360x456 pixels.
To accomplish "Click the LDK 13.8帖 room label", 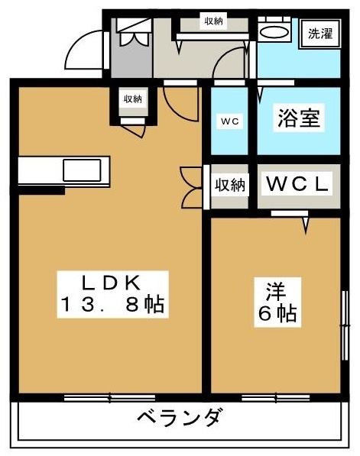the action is tap(112, 294).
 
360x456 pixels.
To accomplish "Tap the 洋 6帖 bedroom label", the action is tap(277, 302).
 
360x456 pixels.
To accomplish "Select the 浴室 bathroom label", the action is tap(299, 118).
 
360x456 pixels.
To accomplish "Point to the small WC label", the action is tap(229, 121).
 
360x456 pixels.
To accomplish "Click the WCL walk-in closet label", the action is tap(297, 184).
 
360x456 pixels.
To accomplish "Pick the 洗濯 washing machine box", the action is tap(320, 34).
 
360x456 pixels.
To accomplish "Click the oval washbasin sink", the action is tap(274, 32).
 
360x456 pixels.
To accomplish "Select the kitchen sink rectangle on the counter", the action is tap(82, 170).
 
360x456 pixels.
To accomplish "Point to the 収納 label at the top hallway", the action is tap(213, 21).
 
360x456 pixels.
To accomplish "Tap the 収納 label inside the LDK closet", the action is tap(133, 99).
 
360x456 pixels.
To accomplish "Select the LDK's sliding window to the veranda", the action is tap(109, 398).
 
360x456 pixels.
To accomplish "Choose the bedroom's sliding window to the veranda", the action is tap(275, 398).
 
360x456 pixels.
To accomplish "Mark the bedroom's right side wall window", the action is tap(345, 325).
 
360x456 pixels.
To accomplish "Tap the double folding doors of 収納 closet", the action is tap(192, 188).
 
